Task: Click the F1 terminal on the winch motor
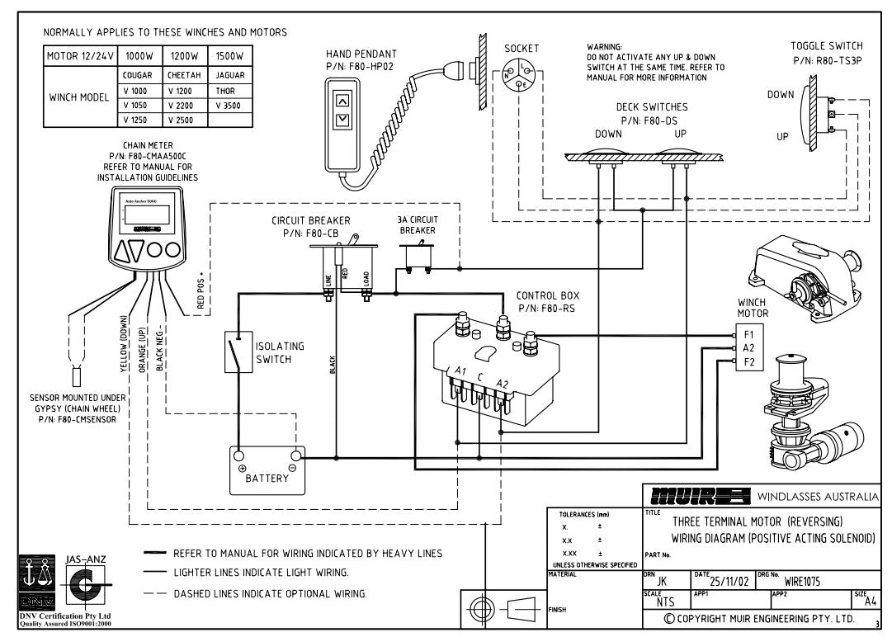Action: point(748,335)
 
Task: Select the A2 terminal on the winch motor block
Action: point(748,348)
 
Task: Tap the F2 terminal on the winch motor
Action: point(748,362)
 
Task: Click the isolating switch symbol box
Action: point(238,353)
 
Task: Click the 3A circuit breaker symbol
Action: point(418,257)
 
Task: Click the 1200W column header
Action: point(186,56)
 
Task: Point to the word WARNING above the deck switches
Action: point(605,47)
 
